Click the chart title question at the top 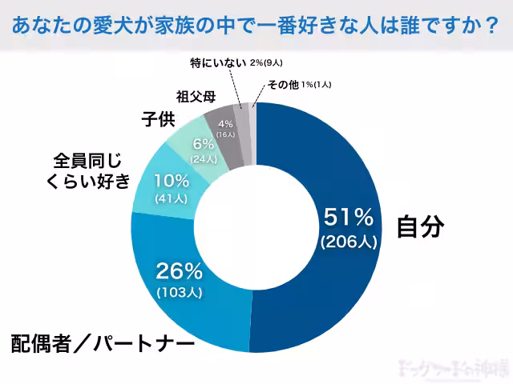[x=256, y=26]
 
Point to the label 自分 [x=420, y=226]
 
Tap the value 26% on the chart [x=180, y=270]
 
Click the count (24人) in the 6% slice [x=204, y=159]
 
